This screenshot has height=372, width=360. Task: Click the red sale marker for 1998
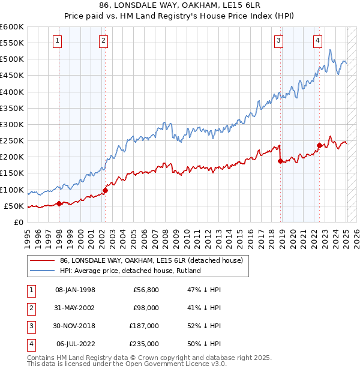tap(59, 203)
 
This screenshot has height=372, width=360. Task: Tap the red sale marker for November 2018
tap(280, 161)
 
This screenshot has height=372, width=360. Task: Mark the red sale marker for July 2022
tap(319, 145)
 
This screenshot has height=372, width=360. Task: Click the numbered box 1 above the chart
tap(57, 41)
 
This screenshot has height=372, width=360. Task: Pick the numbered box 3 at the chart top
tap(279, 41)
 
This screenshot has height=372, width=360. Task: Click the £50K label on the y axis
tap(14, 206)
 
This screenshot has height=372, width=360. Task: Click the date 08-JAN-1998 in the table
tap(75, 290)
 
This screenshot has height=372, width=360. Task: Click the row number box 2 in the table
tap(31, 308)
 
